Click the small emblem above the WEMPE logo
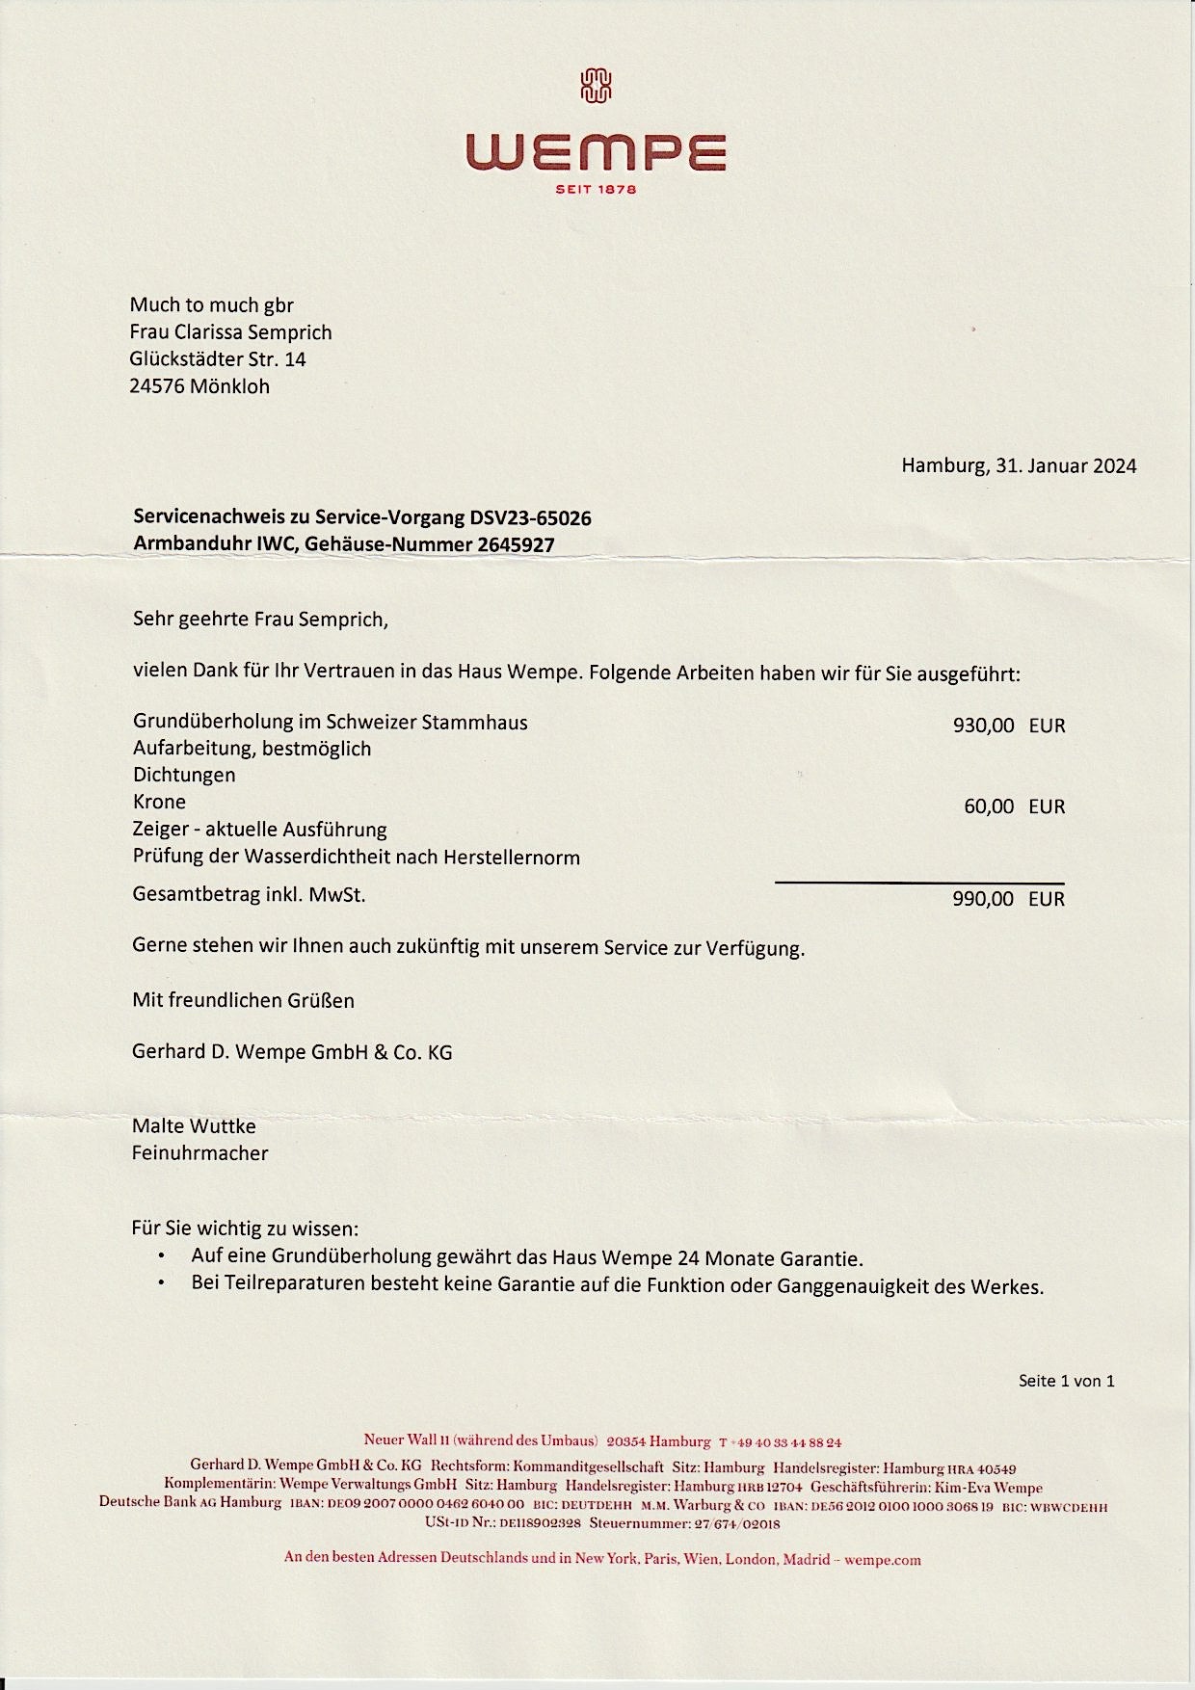(x=597, y=86)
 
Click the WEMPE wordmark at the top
(x=596, y=153)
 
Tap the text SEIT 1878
(x=597, y=190)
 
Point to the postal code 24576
(x=156, y=386)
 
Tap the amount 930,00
(x=983, y=726)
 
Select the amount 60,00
(x=989, y=806)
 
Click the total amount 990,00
(x=983, y=899)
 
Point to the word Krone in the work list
(x=159, y=802)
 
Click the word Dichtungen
(x=184, y=775)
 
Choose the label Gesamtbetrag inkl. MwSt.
(x=249, y=894)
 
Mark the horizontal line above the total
(x=919, y=883)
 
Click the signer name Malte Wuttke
(x=194, y=1125)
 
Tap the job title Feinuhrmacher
(x=199, y=1152)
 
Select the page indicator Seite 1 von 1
(x=1066, y=1381)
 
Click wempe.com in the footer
(x=882, y=1560)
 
